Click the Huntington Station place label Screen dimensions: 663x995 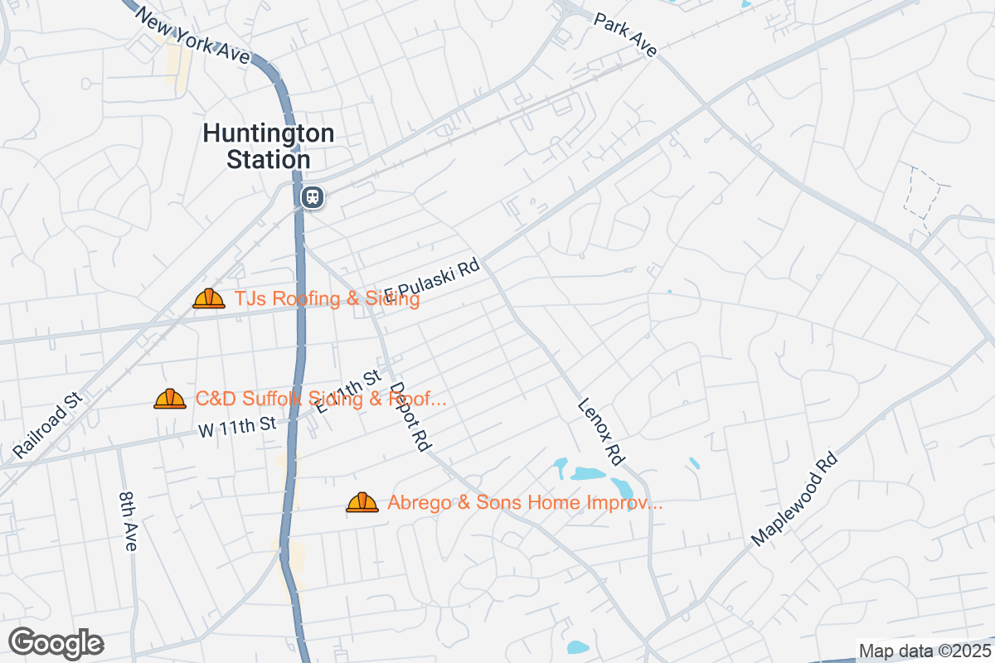coord(269,146)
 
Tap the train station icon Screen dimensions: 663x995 coord(313,197)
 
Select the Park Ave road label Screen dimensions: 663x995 coord(625,34)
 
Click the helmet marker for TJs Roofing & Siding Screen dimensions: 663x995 coord(209,298)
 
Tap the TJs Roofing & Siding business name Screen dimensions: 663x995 coord(327,299)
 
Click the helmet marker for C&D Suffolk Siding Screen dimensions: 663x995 coord(170,399)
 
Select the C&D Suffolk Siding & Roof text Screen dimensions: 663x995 coord(321,399)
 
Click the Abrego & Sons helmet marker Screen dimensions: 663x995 coord(362,502)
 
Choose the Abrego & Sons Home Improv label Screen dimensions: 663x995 coord(525,502)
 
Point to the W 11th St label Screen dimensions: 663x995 coord(236,427)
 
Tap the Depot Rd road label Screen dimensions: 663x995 coord(410,415)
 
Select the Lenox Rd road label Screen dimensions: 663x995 coord(601,431)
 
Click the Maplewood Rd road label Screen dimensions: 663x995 coord(794,499)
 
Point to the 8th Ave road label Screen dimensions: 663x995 coord(129,520)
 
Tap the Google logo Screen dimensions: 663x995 coord(56,643)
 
